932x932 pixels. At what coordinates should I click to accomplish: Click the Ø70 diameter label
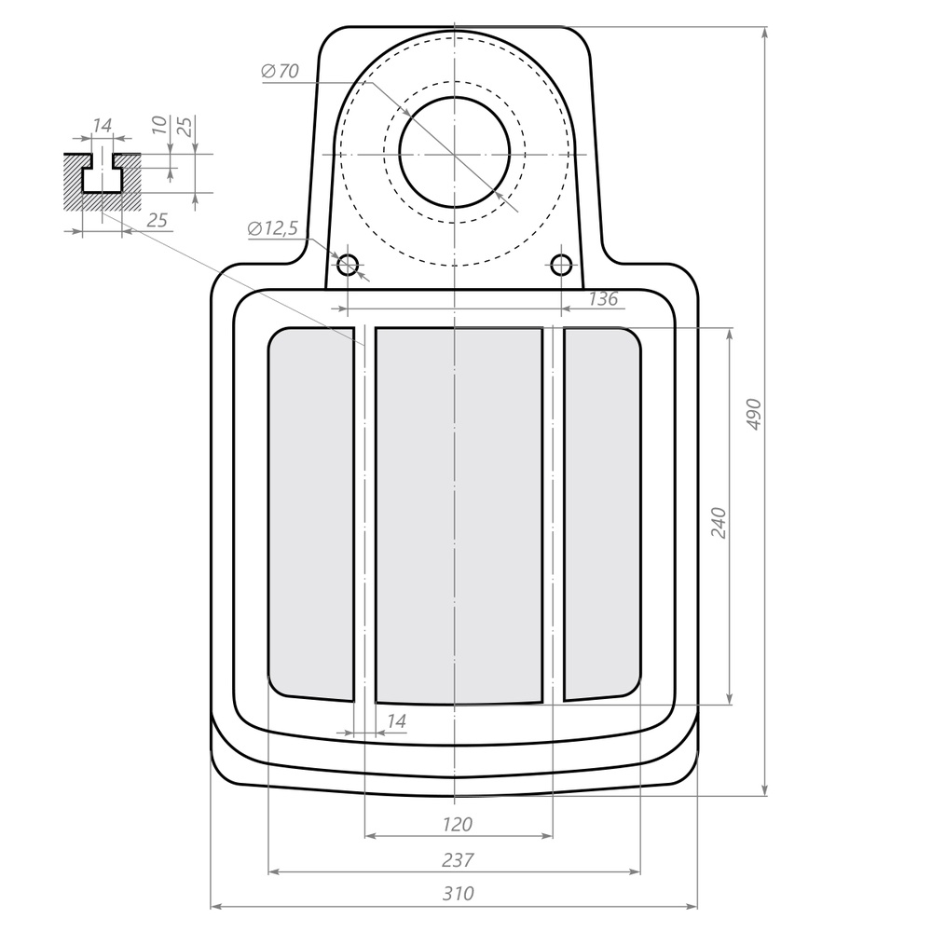pyautogui.click(x=281, y=72)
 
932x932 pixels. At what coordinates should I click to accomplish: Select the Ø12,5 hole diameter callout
pyautogui.click(x=273, y=228)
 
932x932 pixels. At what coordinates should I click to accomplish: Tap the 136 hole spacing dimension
pyautogui.click(x=604, y=299)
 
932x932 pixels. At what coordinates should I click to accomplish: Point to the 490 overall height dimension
pyautogui.click(x=754, y=414)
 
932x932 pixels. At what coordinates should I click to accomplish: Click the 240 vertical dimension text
pyautogui.click(x=718, y=523)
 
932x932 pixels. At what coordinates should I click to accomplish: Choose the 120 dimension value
pyautogui.click(x=457, y=824)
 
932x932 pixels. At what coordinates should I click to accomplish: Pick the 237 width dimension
pyautogui.click(x=457, y=859)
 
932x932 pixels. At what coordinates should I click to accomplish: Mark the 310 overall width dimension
pyautogui.click(x=457, y=894)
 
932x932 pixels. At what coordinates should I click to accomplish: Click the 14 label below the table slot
pyautogui.click(x=396, y=721)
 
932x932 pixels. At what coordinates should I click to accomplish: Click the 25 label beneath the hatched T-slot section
pyautogui.click(x=158, y=220)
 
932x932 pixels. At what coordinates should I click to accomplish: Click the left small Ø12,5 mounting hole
pyautogui.click(x=348, y=265)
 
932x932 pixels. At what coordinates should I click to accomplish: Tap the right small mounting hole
pyautogui.click(x=561, y=265)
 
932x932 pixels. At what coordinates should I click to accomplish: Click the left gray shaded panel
pyautogui.click(x=311, y=513)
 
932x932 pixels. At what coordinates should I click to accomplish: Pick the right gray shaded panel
pyautogui.click(x=602, y=513)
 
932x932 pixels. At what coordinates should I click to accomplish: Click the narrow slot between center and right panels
pyautogui.click(x=554, y=513)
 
